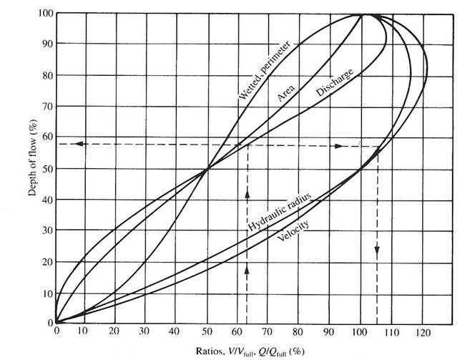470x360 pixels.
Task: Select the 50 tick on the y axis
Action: pyautogui.click(x=46, y=169)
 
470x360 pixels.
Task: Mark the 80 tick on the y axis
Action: pyautogui.click(x=46, y=75)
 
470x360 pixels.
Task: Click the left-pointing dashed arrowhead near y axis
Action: pyautogui.click(x=80, y=144)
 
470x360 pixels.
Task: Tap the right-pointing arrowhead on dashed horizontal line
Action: pyautogui.click(x=338, y=145)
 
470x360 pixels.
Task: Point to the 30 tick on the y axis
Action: pyautogui.click(x=46, y=231)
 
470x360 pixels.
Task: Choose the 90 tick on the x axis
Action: pyautogui.click(x=331, y=331)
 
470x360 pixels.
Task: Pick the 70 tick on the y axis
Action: pyautogui.click(x=46, y=107)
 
